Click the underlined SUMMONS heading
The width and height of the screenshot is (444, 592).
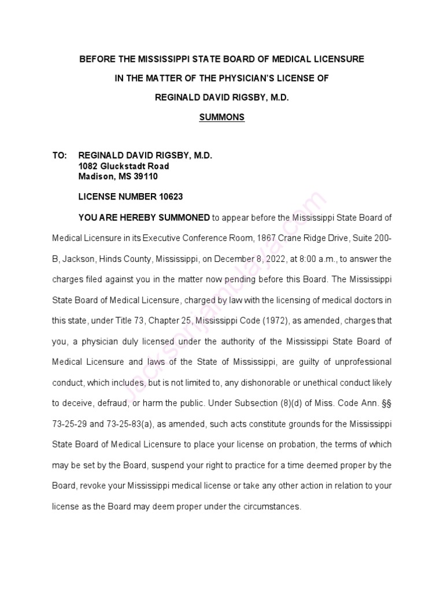point(222,117)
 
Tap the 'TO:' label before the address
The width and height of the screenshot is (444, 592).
point(60,156)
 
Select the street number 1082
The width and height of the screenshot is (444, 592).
point(88,166)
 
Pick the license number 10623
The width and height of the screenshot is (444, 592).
point(170,197)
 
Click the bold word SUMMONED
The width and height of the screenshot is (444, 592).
point(182,217)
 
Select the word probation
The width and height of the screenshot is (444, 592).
point(320,445)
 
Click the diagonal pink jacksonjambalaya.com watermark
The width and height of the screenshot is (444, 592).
point(231,289)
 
